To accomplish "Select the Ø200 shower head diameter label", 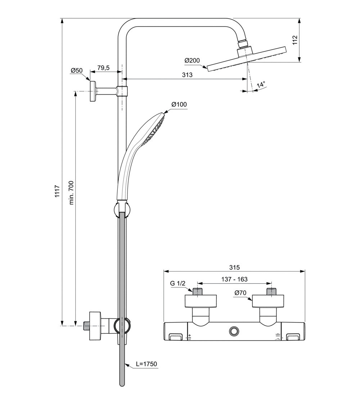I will point(192,61).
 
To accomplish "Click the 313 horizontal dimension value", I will point(187,75).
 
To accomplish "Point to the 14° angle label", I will point(261,85).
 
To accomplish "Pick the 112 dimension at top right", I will point(295,40).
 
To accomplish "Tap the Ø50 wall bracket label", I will point(77,71).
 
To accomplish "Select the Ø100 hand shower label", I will point(179,104).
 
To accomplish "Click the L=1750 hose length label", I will point(147,364).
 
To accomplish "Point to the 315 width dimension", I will point(234,267).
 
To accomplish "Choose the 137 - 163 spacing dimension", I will point(234,279).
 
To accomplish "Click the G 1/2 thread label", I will point(177,283).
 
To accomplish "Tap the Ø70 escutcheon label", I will point(240,293).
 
